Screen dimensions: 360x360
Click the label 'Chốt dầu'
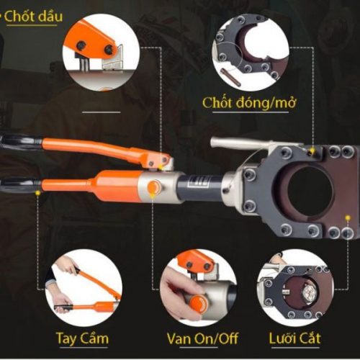pyautogui.click(x=33, y=17)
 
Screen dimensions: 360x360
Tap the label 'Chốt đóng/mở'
pyautogui.click(x=249, y=103)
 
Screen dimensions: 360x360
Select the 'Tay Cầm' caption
pyautogui.click(x=82, y=338)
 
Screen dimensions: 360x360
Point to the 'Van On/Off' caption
pyautogui.click(x=202, y=338)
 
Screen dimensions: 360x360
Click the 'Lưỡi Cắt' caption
pyautogui.click(x=294, y=338)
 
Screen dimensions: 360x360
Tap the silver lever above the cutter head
pyautogui.click(x=243, y=143)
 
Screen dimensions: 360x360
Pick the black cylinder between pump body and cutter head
pyautogui.click(x=201, y=186)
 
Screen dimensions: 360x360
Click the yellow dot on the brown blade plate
pyautogui.click(x=347, y=218)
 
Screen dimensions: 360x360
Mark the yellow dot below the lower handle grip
pyautogui.click(x=37, y=192)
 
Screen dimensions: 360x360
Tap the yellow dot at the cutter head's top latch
pyautogui.click(x=312, y=151)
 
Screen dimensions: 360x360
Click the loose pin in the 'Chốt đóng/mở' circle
pyautogui.click(x=230, y=77)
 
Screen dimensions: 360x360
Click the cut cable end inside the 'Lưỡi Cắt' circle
pyautogui.click(x=309, y=292)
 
